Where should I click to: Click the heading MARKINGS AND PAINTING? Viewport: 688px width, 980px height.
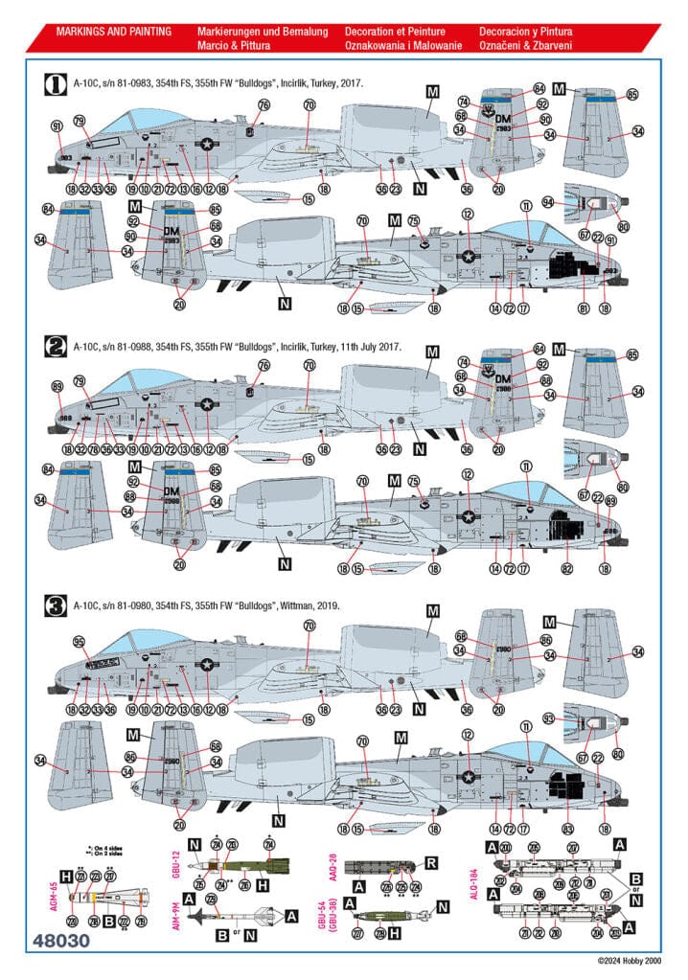tap(114, 32)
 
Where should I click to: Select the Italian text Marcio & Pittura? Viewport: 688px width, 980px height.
tap(234, 46)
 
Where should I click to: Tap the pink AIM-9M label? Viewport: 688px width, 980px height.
tap(176, 921)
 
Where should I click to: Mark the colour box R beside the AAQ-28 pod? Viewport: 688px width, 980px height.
tap(430, 863)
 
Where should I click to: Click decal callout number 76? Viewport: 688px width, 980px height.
tap(264, 104)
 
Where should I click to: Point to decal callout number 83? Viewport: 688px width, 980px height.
tap(571, 827)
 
